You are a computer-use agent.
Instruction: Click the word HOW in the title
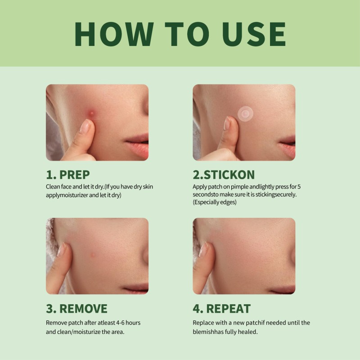[x=114, y=34]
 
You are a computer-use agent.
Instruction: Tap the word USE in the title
[x=254, y=34]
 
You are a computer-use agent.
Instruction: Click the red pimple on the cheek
[x=91, y=113]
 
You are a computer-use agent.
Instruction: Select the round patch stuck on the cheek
[x=245, y=114]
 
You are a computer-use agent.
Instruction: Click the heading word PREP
[x=75, y=175]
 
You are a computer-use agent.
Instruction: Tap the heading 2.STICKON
[x=224, y=175]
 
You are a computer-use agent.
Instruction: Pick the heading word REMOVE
[x=83, y=309]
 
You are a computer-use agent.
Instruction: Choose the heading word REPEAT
[x=228, y=309]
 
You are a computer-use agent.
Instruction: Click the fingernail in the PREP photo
[x=85, y=126]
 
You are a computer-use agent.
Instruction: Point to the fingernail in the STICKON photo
[x=227, y=123]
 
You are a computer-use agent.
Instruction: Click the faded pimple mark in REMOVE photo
[x=93, y=255]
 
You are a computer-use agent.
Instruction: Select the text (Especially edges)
[x=215, y=202]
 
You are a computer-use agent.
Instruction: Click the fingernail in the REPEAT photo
[x=204, y=250]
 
